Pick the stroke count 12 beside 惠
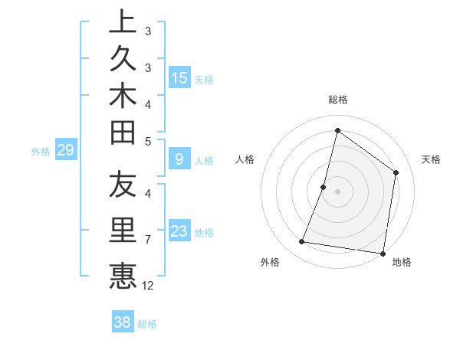(148, 286)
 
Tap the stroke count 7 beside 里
(148, 240)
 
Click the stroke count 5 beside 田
(148, 140)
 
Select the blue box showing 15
(179, 77)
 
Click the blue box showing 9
(179, 159)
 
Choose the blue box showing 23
(179, 231)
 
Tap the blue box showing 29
(65, 150)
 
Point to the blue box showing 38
(122, 322)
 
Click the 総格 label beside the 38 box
(147, 324)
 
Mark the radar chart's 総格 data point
(337, 130)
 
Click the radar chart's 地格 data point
(383, 253)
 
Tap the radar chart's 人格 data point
(324, 187)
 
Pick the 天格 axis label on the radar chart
(431, 159)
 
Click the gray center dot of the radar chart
(337, 191)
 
